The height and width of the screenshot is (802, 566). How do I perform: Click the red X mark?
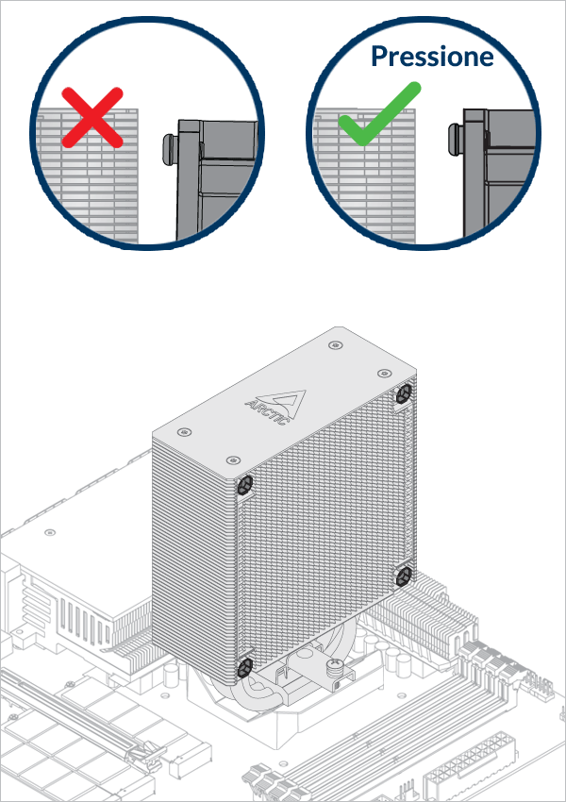point(92,117)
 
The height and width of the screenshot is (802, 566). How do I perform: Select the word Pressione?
point(432,57)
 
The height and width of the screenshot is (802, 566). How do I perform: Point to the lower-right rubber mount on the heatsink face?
point(404,574)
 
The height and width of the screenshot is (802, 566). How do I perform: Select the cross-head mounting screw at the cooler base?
point(333,669)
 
